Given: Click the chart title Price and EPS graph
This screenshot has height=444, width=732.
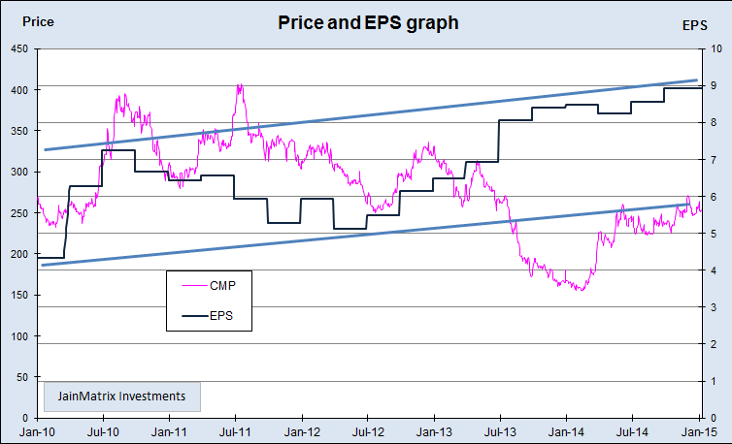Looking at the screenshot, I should tap(368, 21).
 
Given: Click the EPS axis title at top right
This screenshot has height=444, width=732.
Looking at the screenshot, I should tap(695, 26).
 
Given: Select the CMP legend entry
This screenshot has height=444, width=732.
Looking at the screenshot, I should tap(223, 285).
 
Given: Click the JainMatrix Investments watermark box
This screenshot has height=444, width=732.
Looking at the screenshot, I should tap(121, 396).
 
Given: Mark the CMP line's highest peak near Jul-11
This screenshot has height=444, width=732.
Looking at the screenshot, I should tap(240, 85).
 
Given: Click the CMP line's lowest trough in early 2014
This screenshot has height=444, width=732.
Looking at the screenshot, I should tap(581, 290).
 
